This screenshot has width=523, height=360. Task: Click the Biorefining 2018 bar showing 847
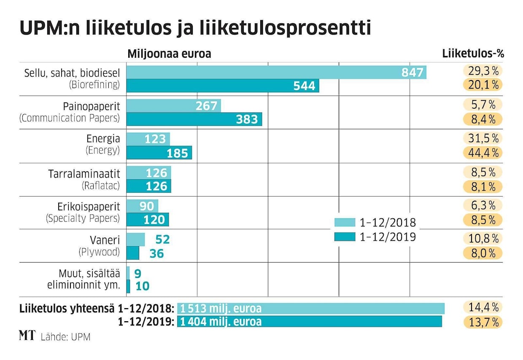[x=276, y=72]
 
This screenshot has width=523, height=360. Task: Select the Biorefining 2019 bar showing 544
[x=223, y=86]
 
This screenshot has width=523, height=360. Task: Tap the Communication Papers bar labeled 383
[x=194, y=119]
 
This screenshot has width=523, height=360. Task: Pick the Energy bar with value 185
[x=159, y=153]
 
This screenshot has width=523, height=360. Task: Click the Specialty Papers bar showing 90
[x=142, y=207]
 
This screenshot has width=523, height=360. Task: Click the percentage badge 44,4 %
[x=483, y=152]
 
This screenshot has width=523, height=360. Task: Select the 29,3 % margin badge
[x=483, y=71]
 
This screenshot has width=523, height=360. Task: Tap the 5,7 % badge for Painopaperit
[x=483, y=105]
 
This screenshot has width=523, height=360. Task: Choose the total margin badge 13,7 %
[x=483, y=322]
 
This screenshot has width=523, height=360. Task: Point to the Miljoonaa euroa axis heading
[x=169, y=54]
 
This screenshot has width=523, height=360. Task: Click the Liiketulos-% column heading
[x=473, y=54]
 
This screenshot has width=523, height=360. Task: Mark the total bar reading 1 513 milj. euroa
[x=311, y=308]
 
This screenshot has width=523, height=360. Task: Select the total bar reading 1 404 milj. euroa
[x=310, y=322]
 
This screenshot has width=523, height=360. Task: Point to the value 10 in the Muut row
[x=143, y=286]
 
